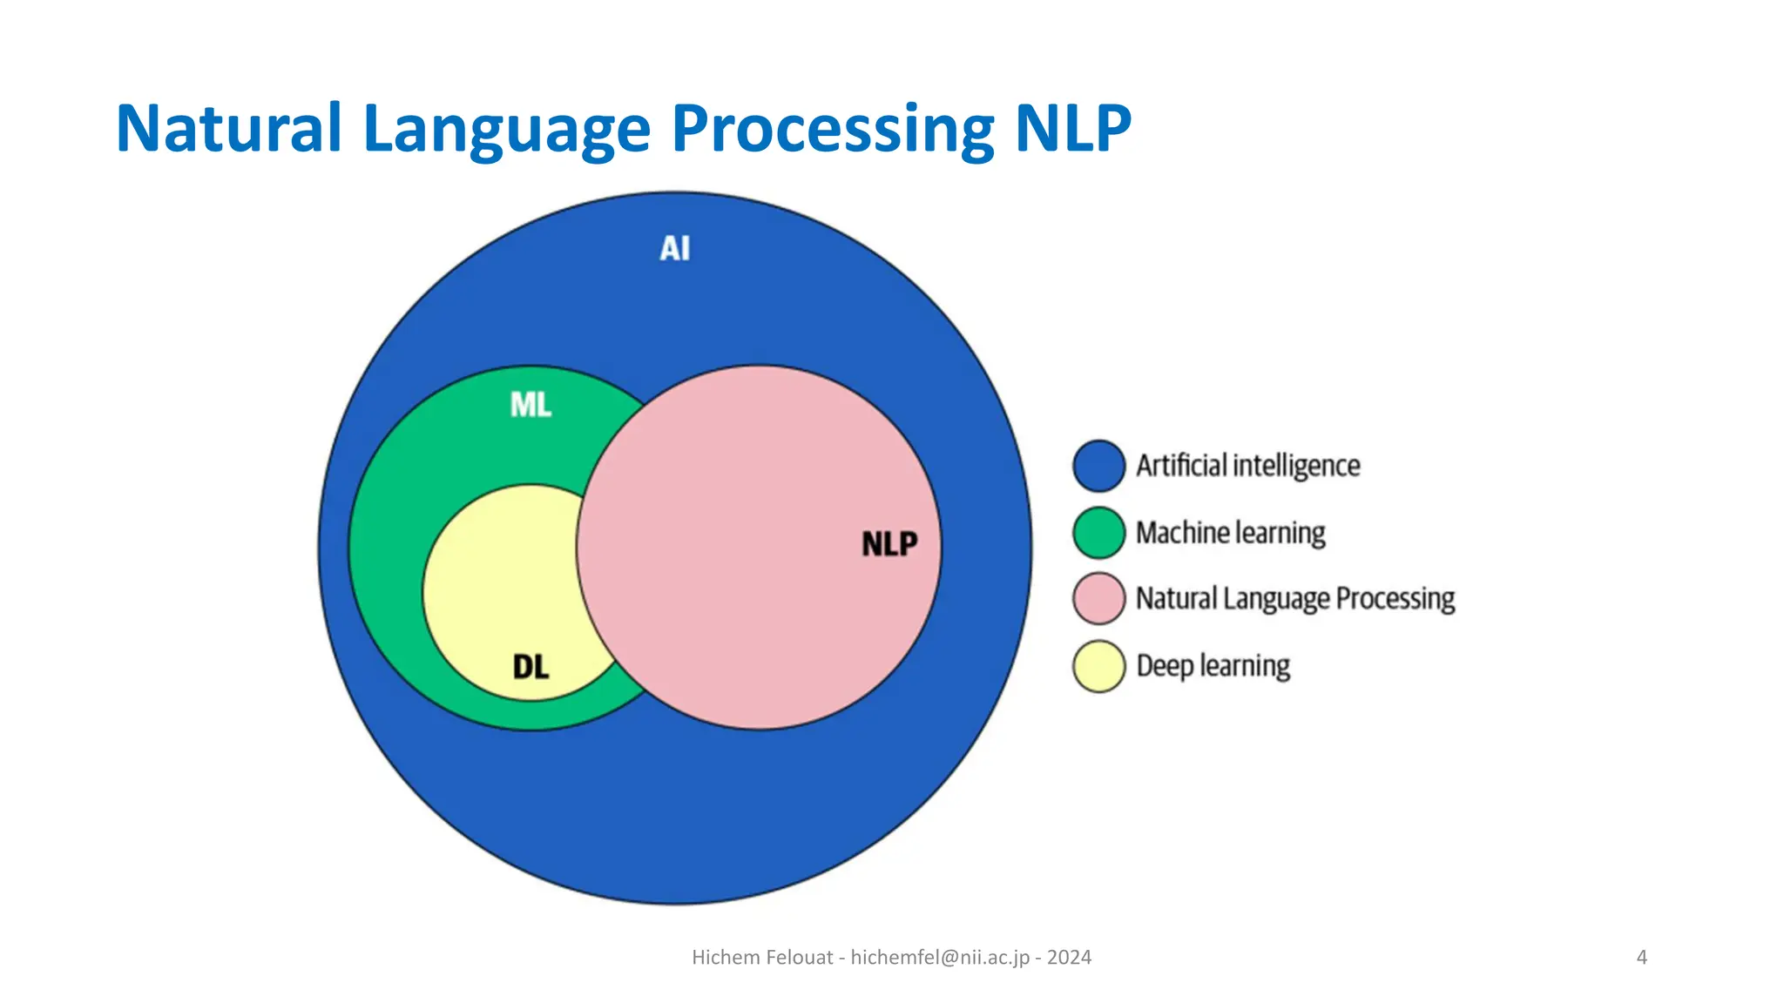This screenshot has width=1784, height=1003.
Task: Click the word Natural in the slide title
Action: [x=228, y=129]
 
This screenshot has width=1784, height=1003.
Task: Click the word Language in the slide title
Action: [x=506, y=131]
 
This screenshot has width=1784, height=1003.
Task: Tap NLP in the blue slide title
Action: [x=1072, y=129]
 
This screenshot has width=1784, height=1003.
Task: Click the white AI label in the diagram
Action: [x=675, y=249]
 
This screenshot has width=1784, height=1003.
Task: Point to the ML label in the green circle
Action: [x=530, y=405]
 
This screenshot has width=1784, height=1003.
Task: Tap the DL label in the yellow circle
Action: [x=530, y=668]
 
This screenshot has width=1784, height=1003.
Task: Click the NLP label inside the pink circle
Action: [x=889, y=545]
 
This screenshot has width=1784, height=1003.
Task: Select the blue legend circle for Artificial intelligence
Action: [x=1098, y=466]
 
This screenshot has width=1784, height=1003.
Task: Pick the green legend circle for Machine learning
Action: [x=1098, y=533]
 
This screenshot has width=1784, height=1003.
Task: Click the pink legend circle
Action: [x=1098, y=599]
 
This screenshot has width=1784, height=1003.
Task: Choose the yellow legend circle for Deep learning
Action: [x=1098, y=666]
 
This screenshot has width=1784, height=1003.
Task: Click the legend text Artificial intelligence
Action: [x=1247, y=466]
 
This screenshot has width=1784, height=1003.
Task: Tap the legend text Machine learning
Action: [x=1230, y=533]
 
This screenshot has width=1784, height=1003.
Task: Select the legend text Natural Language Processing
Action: [x=1295, y=599]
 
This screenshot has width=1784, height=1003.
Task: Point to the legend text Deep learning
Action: [x=1213, y=666]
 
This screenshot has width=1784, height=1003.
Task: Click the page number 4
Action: [x=1642, y=958]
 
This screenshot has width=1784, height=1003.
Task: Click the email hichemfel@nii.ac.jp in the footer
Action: [x=940, y=958]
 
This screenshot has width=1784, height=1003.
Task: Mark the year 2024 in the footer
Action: [x=1069, y=958]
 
